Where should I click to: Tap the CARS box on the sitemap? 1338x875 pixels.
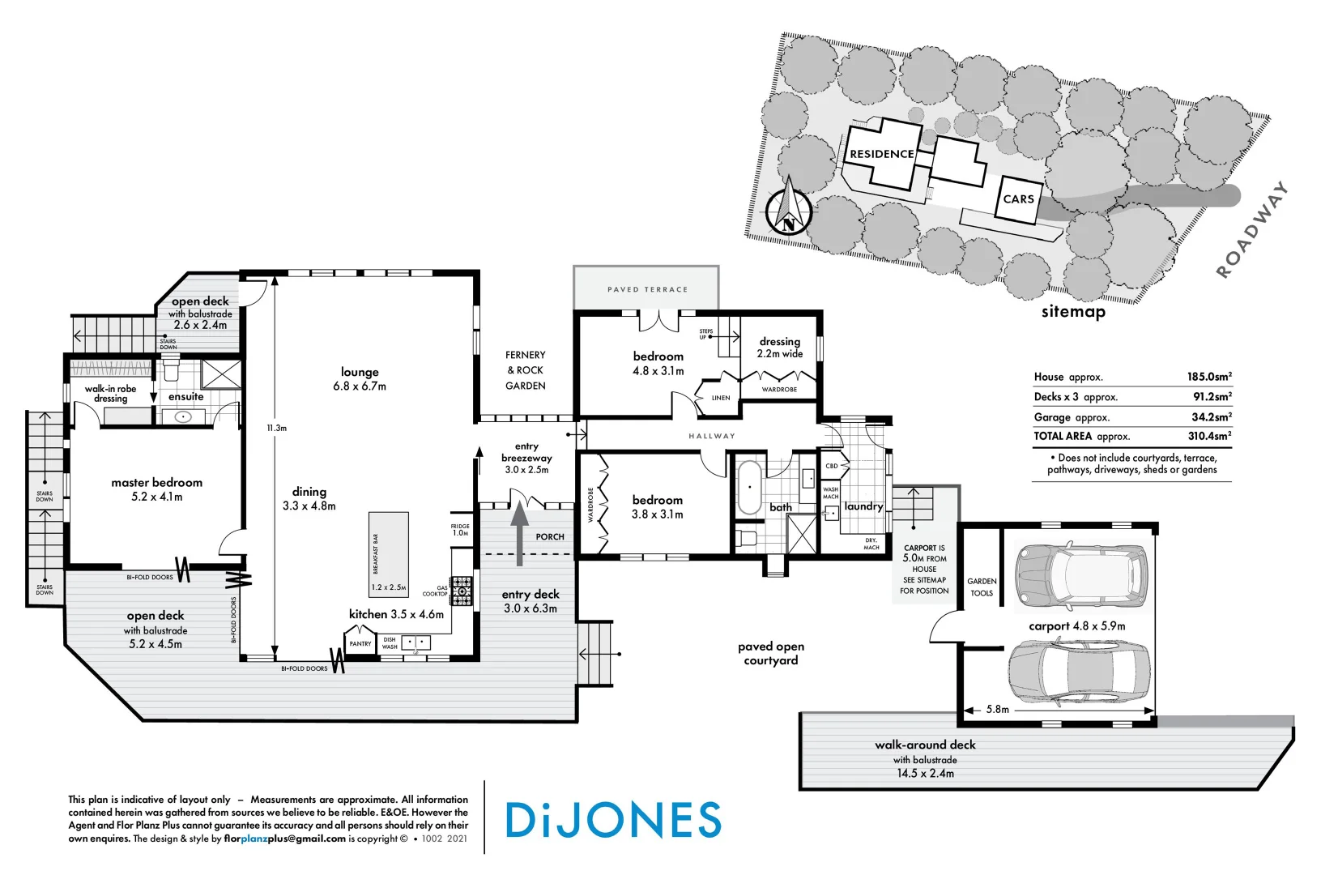pyautogui.click(x=1018, y=198)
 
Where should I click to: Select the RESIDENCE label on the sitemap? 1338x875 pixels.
pyautogui.click(x=881, y=154)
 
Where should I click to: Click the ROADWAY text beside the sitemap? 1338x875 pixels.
pyautogui.click(x=1252, y=231)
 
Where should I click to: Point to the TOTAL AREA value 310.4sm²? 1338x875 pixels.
pyautogui.click(x=1208, y=436)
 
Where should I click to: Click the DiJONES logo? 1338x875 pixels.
pyautogui.click(x=613, y=820)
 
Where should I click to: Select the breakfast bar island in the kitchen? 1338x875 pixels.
pyautogui.click(x=388, y=553)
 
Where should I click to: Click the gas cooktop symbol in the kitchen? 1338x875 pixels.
pyautogui.click(x=461, y=591)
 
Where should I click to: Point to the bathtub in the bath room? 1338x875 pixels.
pyautogui.click(x=749, y=488)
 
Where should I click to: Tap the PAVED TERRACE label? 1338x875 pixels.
pyautogui.click(x=647, y=289)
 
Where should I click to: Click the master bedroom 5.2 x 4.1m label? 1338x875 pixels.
pyautogui.click(x=156, y=489)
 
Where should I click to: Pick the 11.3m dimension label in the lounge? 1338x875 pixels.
pyautogui.click(x=277, y=428)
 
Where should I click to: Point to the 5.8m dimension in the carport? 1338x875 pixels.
pyautogui.click(x=997, y=709)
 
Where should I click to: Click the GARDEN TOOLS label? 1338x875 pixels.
pyautogui.click(x=982, y=587)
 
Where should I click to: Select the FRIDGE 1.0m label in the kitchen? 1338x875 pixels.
pyautogui.click(x=460, y=530)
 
